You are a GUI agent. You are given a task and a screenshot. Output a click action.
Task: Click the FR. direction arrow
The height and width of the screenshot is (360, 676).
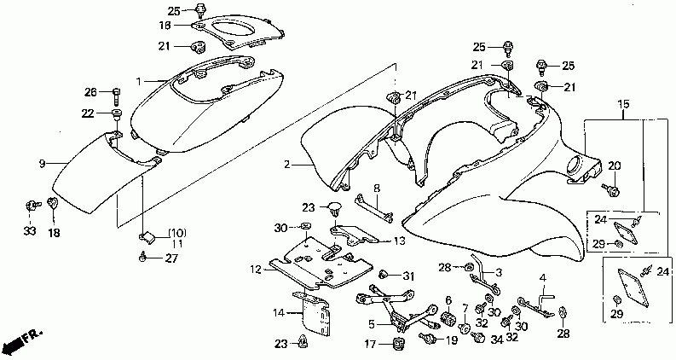[x=22, y=342]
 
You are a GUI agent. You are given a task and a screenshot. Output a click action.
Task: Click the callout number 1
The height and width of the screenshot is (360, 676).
[x=138, y=81]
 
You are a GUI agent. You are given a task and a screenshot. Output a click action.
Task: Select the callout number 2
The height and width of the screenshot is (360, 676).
[x=287, y=164]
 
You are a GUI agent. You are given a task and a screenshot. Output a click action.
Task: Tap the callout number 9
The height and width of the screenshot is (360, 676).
[x=41, y=161]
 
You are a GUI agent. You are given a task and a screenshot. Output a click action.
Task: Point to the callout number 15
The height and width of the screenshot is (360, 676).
[x=623, y=104]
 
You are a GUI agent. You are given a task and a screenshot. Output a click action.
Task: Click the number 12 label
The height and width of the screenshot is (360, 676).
[x=255, y=270]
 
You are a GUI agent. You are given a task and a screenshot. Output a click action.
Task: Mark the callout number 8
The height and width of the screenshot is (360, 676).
[x=377, y=187]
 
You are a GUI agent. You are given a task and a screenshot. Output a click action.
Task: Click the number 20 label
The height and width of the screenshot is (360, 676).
[x=615, y=165]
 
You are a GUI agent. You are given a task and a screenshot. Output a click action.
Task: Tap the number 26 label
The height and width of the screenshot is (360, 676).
[x=91, y=92]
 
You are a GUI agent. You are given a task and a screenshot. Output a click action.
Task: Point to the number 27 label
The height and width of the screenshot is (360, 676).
[x=170, y=258]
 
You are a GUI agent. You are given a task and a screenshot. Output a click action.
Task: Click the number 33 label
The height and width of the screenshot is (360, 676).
[x=30, y=231]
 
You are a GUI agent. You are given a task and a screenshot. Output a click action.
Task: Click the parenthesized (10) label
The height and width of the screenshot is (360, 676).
[x=176, y=233]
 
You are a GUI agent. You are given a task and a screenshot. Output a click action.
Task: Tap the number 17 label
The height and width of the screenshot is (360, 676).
[x=371, y=345]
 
